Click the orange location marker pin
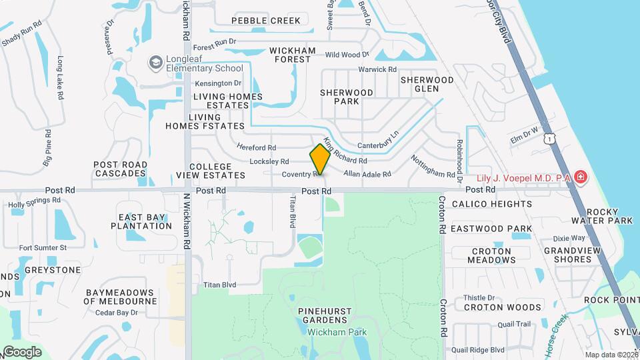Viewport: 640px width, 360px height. coord(320,159)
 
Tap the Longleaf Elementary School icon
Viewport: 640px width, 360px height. coord(156,63)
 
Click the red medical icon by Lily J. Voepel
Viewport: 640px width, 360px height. coord(581,177)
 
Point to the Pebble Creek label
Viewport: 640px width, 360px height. coord(266,21)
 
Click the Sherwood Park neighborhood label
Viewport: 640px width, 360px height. coord(347,97)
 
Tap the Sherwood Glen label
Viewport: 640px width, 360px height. coord(427,84)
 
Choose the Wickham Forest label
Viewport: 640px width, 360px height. coord(291,55)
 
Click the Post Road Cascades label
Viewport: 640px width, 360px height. coord(121,169)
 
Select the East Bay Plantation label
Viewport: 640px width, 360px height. coord(145,221)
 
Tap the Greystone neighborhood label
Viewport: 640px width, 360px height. coord(53,270)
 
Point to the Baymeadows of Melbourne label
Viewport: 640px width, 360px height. coord(120,297)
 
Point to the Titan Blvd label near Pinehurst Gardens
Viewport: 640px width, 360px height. coord(220,285)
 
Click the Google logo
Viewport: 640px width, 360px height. coord(22,352)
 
